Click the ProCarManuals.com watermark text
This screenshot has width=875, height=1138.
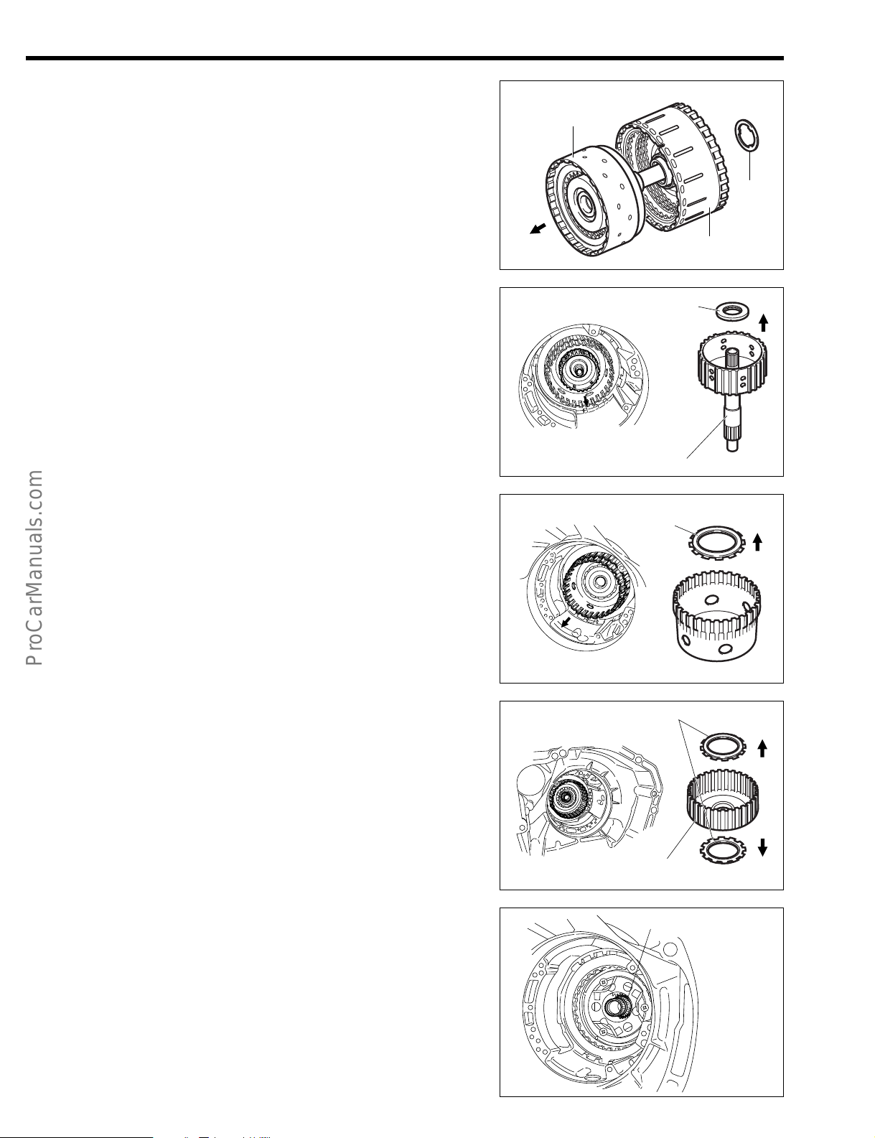tap(34, 568)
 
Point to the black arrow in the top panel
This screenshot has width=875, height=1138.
tap(538, 229)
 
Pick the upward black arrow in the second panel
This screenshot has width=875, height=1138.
tap(764, 322)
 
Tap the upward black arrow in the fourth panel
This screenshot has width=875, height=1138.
tap(762, 748)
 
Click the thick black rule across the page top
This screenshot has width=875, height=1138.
tap(405, 58)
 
